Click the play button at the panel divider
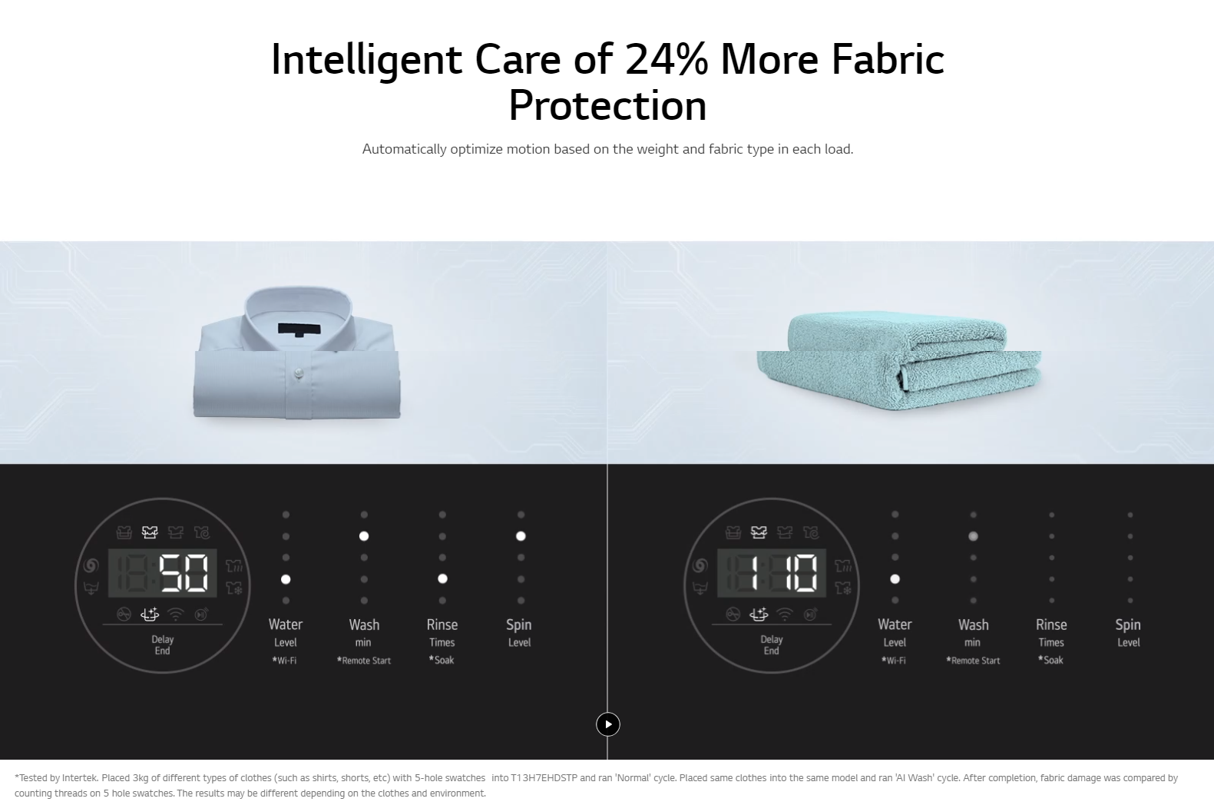click(607, 724)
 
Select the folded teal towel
click(898, 360)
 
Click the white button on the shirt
click(298, 373)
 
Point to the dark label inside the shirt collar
click(299, 329)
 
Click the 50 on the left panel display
click(184, 573)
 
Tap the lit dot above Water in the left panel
click(286, 579)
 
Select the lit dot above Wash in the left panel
click(364, 536)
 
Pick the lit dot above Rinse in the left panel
click(443, 579)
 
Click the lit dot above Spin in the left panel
click(521, 536)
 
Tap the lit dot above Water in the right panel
click(895, 579)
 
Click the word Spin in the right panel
click(1128, 625)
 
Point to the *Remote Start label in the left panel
click(364, 661)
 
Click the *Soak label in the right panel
click(1051, 660)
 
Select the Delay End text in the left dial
click(163, 645)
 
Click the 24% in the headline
click(667, 59)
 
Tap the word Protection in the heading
click(607, 106)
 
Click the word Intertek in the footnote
click(80, 778)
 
